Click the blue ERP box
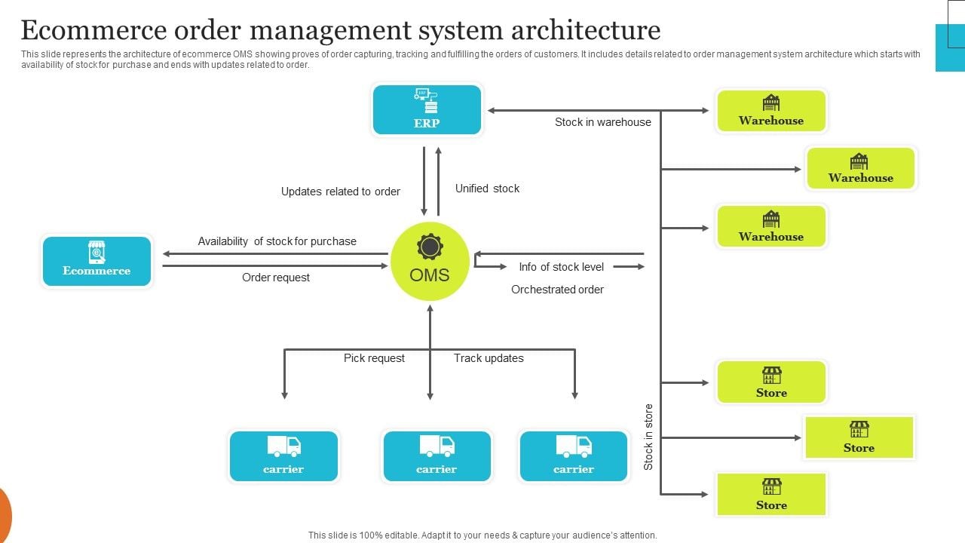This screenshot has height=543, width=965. coord(427,110)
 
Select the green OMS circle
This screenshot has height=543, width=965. coord(430,262)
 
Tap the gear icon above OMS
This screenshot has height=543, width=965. coord(430,247)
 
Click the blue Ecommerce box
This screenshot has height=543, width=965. coord(96,261)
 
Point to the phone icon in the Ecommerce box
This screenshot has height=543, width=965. coord(96,252)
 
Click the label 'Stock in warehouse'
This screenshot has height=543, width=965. coord(602,122)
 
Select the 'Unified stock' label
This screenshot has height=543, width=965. coord(487,189)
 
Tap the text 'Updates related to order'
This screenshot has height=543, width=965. coord(340,192)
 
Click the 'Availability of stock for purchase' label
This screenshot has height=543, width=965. coord(277,241)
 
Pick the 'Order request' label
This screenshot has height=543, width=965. coord(275,278)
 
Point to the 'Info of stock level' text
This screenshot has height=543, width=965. coord(561,266)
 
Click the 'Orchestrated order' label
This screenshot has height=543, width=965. coord(557,290)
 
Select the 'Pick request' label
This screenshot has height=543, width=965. coord(374,358)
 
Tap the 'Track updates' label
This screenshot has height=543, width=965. coord(488,358)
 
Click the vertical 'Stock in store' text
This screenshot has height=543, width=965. coord(648,437)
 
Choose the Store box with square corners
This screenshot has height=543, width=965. coord(859,437)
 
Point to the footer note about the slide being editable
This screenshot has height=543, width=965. coord(482,535)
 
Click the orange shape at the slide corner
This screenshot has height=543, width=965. coord(4,515)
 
